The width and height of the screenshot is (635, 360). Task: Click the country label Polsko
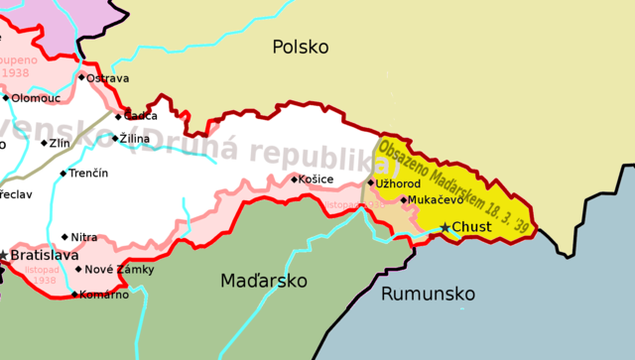300,47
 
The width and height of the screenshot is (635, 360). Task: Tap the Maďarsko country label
263,282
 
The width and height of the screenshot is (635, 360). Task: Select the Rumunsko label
428,294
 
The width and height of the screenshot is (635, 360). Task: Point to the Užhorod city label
399,183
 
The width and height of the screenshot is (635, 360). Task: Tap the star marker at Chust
445,227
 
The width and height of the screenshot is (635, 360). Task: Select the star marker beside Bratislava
4,255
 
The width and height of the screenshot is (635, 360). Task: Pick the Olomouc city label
36,97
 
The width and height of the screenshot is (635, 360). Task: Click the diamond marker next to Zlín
44,143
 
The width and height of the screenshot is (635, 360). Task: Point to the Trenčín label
89,174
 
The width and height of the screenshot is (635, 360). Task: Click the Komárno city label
104,294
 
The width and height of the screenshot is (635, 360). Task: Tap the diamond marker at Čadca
118,116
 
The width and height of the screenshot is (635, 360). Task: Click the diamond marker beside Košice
295,180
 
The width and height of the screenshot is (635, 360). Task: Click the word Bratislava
45,255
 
